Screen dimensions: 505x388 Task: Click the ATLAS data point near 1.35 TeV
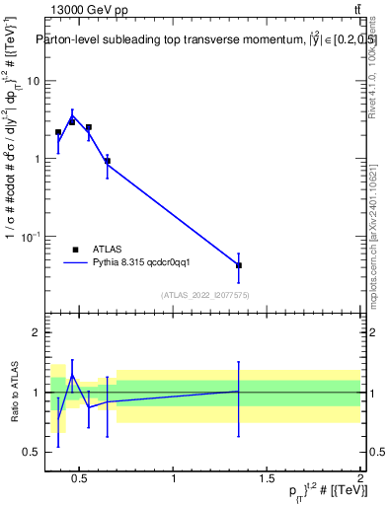pos(239,265)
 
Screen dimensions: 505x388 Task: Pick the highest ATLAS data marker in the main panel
pos(72,121)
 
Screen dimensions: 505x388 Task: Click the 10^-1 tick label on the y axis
pos(30,237)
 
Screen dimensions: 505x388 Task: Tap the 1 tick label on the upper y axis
pos(36,159)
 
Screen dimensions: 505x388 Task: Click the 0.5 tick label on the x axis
pos(81,479)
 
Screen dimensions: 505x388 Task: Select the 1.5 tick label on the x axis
pos(268,479)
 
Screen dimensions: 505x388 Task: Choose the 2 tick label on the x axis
pos(360,479)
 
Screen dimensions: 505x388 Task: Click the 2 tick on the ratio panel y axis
pos(36,332)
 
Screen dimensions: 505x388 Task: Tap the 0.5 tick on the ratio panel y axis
pos(32,452)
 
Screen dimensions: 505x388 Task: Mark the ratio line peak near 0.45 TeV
pos(72,375)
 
